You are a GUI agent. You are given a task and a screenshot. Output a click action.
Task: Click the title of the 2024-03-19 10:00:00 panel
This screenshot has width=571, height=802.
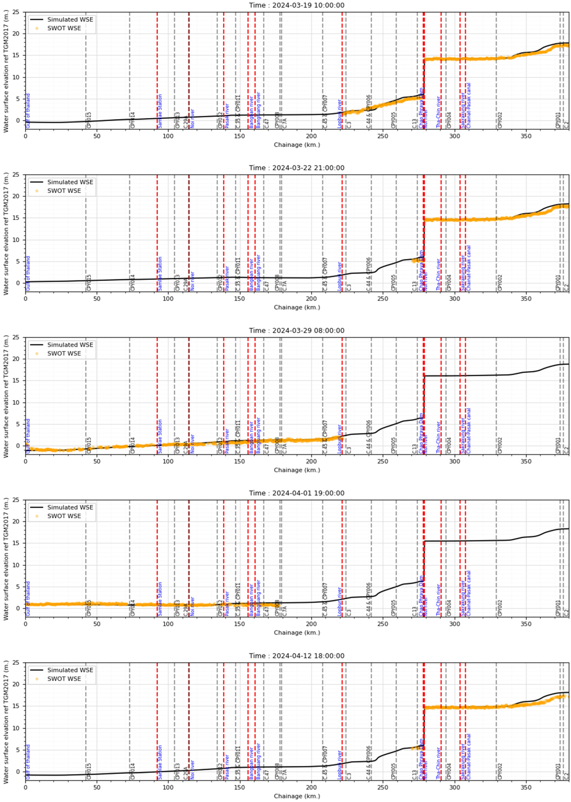(296, 5)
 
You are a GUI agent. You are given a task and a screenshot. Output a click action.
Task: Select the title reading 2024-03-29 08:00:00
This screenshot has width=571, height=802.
(296, 331)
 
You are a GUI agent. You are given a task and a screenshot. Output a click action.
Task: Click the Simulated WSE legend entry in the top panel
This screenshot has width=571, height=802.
(70, 20)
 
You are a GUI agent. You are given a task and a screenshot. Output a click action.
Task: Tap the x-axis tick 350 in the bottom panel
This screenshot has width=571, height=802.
(526, 786)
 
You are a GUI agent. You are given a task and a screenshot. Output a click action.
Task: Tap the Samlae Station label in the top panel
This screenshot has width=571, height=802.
(160, 111)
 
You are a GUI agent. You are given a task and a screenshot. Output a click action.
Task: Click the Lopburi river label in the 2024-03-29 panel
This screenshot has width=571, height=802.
(340, 439)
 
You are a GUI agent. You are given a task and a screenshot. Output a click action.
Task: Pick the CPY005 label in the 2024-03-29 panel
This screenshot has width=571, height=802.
(394, 445)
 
